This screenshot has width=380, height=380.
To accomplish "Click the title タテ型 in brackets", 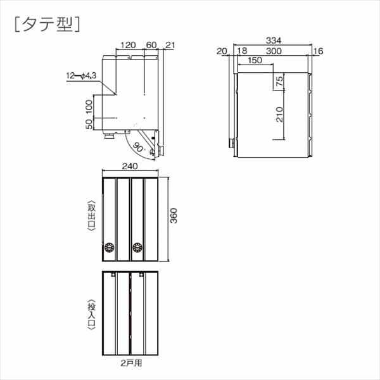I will point(46,23).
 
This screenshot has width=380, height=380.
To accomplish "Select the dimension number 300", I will point(274,51).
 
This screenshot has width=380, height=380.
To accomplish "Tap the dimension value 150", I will point(256,61).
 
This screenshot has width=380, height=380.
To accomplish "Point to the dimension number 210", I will point(279,113).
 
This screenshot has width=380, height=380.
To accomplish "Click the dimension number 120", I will point(128,46).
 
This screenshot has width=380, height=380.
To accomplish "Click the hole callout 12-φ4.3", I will point(81,77).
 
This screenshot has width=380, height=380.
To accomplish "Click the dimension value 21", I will point(169,46).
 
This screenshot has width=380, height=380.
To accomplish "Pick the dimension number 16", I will point(317,51).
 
